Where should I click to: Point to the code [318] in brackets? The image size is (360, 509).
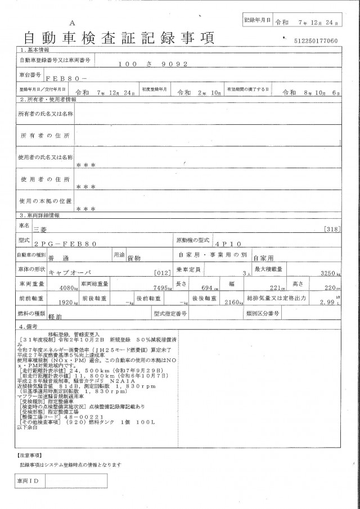coord(332,229)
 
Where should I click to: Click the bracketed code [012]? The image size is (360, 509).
coord(162,273)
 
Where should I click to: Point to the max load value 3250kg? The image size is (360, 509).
coord(328,273)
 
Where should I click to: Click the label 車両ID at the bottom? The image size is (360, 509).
coord(29,482)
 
